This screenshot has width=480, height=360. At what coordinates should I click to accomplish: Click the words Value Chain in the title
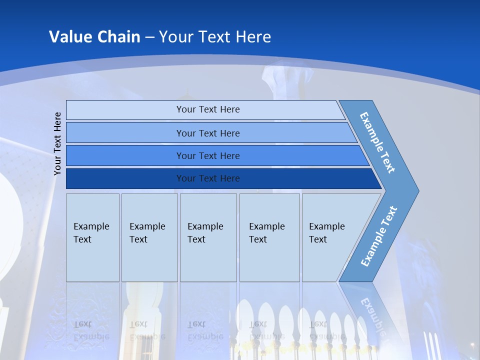[94, 36]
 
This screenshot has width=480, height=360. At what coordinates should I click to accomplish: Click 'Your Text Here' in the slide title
[215, 36]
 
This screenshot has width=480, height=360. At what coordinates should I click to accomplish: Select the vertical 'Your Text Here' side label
[57, 143]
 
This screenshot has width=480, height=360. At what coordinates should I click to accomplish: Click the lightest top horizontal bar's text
[208, 109]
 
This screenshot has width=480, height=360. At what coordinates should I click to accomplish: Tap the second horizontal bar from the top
[208, 133]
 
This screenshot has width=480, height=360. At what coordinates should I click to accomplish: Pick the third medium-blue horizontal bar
[208, 155]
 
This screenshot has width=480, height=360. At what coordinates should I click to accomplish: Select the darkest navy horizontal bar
[208, 178]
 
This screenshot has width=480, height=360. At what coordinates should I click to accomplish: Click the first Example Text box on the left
[92, 237]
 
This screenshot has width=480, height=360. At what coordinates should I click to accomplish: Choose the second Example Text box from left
[149, 237]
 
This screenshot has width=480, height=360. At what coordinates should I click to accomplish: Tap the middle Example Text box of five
[207, 237]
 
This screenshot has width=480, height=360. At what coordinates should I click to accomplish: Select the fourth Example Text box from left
[269, 237]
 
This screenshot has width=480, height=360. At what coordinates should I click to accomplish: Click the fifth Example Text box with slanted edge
[330, 237]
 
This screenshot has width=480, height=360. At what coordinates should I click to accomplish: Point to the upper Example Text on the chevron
[377, 142]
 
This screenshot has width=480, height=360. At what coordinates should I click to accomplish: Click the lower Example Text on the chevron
[378, 236]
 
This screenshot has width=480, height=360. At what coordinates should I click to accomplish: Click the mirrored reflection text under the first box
[91, 330]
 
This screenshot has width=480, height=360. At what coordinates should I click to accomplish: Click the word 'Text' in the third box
[196, 239]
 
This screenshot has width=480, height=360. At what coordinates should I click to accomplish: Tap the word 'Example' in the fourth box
[266, 226]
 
